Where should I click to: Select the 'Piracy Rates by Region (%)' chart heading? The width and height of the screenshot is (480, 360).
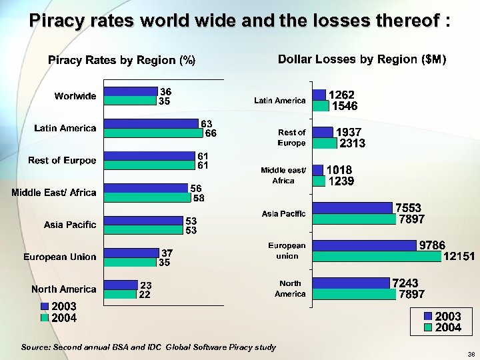121,61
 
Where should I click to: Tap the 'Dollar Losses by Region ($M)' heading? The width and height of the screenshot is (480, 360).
361,59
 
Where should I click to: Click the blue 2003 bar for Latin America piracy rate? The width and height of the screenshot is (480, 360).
152,123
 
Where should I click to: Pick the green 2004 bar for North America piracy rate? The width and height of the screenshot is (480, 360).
121,294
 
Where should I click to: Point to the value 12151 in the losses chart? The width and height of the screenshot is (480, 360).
459,256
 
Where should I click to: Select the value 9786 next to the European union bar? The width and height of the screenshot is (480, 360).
432,245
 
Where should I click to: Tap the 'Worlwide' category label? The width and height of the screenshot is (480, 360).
75,96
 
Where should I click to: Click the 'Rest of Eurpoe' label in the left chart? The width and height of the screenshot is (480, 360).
62,161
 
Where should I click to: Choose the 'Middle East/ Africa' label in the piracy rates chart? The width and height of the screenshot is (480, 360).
54,193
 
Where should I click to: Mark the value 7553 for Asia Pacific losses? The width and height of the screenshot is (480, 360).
408,209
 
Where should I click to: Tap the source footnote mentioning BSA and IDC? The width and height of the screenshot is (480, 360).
148,347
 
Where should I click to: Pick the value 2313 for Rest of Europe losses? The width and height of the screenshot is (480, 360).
352,143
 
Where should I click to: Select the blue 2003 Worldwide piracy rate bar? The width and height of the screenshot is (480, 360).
130,91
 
